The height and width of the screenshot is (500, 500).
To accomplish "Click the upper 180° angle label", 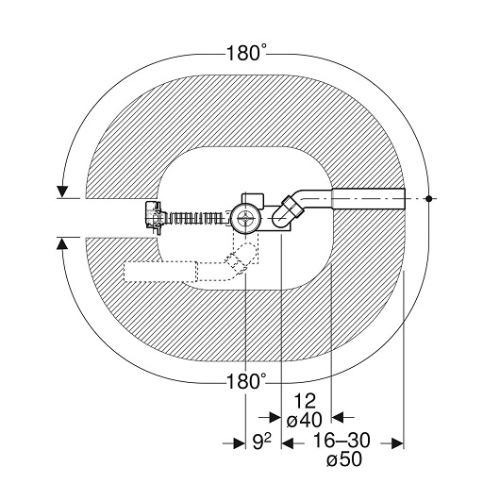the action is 246,53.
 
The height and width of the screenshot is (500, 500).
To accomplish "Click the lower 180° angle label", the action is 246,381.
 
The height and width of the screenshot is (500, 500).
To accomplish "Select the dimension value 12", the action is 305,401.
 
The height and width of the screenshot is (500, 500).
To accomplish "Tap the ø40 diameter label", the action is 305,420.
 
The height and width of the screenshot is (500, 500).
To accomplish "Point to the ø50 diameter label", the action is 344,459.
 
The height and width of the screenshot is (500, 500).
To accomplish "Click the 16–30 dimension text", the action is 342,441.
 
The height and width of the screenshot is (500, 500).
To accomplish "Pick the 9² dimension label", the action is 261,442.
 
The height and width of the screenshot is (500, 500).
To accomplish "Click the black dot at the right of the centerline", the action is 429,199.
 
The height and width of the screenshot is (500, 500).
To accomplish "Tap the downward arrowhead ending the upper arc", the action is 62,192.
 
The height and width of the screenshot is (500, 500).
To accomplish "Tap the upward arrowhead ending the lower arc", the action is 62,243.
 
